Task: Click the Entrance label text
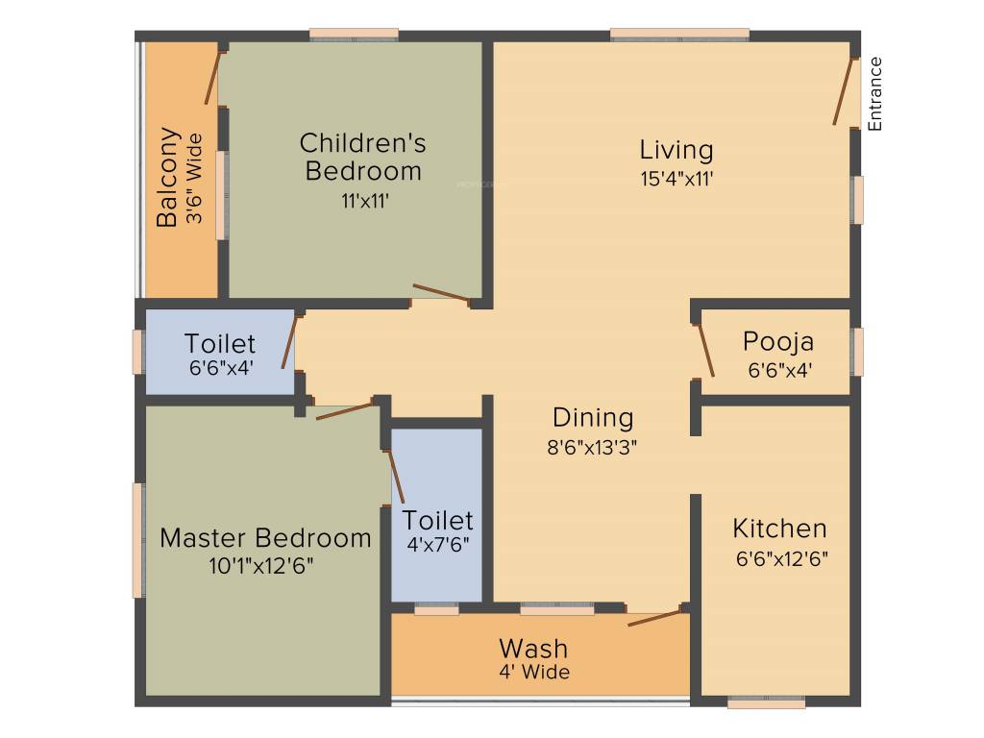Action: click(x=874, y=94)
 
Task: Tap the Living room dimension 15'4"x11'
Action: click(x=676, y=178)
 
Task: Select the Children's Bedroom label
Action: click(x=362, y=157)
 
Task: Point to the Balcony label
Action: click(x=168, y=177)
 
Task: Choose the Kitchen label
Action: click(x=779, y=529)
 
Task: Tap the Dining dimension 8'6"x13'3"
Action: click(x=593, y=446)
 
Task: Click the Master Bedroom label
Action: click(x=265, y=537)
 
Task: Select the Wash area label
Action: click(x=533, y=648)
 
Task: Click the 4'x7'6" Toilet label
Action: click(x=437, y=520)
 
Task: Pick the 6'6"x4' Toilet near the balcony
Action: click(x=220, y=343)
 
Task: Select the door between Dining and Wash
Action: click(x=655, y=616)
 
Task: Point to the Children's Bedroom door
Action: click(x=441, y=294)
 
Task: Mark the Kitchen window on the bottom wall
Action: click(x=766, y=703)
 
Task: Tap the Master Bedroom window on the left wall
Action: click(x=138, y=540)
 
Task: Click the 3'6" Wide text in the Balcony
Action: click(x=195, y=179)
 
